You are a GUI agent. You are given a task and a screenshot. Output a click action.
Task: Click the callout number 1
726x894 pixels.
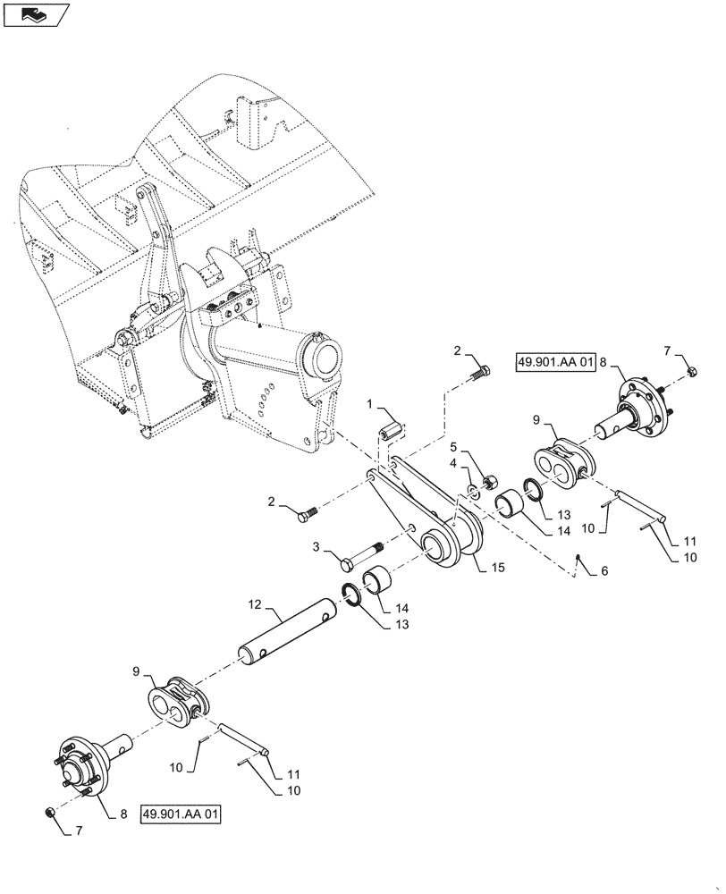coord(368,406)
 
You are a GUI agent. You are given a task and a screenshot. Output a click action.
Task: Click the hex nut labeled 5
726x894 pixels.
coord(489,484)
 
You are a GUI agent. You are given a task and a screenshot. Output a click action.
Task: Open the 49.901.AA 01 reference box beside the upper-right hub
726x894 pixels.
coord(555,362)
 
